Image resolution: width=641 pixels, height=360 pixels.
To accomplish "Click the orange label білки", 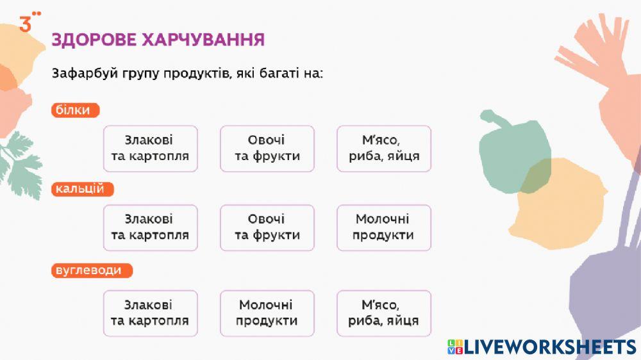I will tap(75, 110).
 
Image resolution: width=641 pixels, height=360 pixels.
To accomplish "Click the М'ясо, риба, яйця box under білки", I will tap(384, 149).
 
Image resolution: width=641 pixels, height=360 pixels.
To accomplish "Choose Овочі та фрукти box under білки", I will tap(267, 149).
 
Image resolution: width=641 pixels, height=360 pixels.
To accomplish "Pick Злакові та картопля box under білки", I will tap(150, 149).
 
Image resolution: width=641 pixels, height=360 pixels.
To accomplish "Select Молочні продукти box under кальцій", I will tap(384, 227).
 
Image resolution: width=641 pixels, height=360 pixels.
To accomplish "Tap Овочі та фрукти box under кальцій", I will tap(267, 227).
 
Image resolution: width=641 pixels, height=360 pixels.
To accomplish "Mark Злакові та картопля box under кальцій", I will tap(150, 227).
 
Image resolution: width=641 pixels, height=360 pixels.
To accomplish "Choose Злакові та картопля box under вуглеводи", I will tap(150, 313).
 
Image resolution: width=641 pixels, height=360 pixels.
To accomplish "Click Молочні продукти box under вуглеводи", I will tap(267, 313).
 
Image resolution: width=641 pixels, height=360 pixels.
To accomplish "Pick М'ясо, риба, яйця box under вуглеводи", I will tap(384, 313).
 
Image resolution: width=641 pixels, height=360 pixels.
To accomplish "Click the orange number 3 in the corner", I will tap(26, 25).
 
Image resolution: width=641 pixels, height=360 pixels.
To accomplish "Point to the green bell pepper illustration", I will tap(510, 154).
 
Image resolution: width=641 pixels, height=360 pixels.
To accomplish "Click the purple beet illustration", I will tap(606, 282).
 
